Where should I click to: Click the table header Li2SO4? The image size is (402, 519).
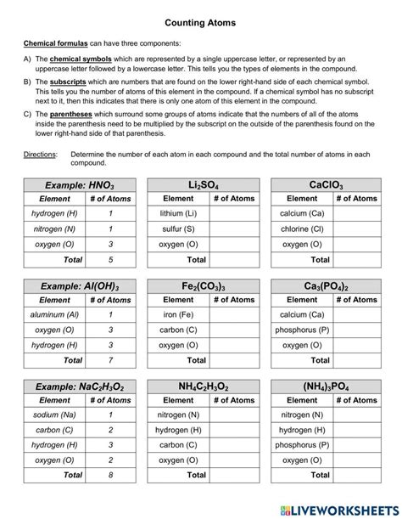click(x=203, y=184)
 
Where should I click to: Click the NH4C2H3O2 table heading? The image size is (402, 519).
click(x=203, y=386)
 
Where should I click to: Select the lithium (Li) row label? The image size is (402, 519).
click(x=178, y=214)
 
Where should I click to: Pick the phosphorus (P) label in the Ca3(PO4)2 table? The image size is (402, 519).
click(x=302, y=330)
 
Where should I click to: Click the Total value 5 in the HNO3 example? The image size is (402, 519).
click(x=110, y=260)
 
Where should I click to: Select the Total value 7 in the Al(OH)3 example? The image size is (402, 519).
click(x=110, y=360)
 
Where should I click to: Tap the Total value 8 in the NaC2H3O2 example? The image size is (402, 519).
click(x=110, y=476)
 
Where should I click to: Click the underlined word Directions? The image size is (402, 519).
click(x=40, y=155)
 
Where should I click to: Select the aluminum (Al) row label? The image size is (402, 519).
click(x=55, y=314)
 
